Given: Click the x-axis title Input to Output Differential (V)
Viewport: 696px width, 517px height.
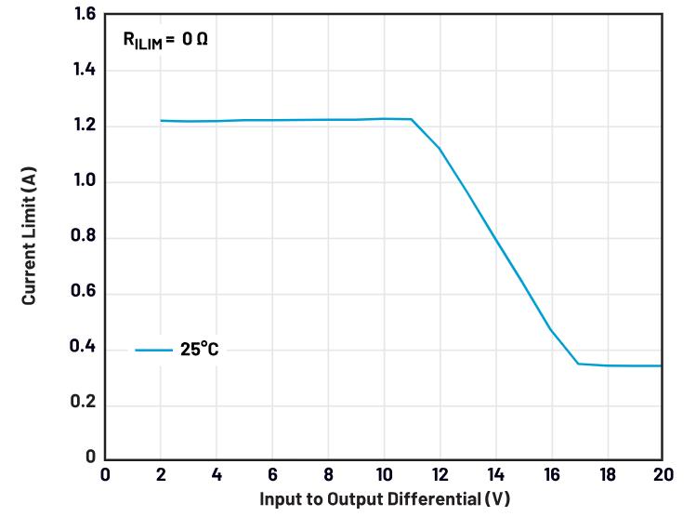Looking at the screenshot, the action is pyautogui.click(x=385, y=498).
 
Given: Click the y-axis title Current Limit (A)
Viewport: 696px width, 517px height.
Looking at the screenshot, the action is pyautogui.click(x=29, y=236).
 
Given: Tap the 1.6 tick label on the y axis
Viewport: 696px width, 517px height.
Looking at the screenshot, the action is pyautogui.click(x=85, y=14).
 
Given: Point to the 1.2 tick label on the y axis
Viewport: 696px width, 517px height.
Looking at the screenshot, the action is pyautogui.click(x=85, y=125).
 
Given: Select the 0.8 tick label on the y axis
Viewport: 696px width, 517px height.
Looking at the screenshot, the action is pyautogui.click(x=84, y=235).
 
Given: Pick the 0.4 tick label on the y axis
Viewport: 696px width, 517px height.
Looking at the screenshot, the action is pyautogui.click(x=83, y=346).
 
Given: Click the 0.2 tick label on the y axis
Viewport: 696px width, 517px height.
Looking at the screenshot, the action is pyautogui.click(x=84, y=402).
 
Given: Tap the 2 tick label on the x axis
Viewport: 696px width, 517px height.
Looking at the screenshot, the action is pyautogui.click(x=161, y=474).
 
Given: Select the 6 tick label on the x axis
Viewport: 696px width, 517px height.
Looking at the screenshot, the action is pyautogui.click(x=272, y=474).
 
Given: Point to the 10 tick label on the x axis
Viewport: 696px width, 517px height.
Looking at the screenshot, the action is pyautogui.click(x=384, y=474).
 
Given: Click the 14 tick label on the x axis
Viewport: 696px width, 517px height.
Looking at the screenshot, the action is pyautogui.click(x=496, y=474).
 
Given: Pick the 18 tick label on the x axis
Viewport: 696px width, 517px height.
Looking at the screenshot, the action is pyautogui.click(x=608, y=474).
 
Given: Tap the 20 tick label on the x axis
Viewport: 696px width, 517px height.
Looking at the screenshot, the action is pyautogui.click(x=663, y=474).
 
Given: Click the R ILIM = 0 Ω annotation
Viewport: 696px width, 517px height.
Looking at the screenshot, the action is pyautogui.click(x=165, y=40).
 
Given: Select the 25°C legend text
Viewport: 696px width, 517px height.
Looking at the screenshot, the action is pyautogui.click(x=199, y=349).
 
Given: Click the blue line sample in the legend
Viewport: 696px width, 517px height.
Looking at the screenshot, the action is pyautogui.click(x=153, y=350).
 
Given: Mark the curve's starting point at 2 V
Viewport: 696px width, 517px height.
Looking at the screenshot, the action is pyautogui.click(x=161, y=120).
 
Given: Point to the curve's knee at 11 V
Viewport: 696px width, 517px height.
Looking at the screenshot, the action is pyautogui.click(x=412, y=119).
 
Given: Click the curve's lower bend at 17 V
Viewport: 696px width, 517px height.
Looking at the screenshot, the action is pyautogui.click(x=578, y=364).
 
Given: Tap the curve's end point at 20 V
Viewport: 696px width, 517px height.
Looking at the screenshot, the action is pyautogui.click(x=662, y=366).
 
